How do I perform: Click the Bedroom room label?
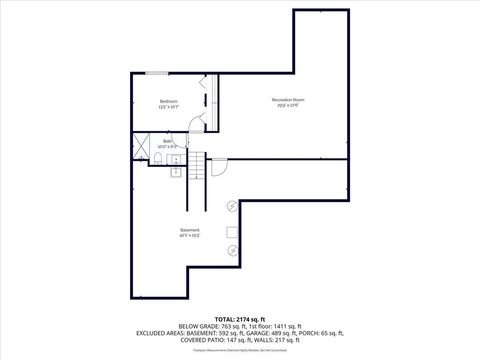point(169,102)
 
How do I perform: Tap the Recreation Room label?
point(288,100)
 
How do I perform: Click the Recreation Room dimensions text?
point(288,106)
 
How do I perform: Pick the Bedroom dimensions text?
point(169,108)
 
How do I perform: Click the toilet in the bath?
point(158,160)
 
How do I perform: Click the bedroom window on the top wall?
point(156,73)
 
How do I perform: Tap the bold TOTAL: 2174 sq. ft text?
point(239,318)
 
